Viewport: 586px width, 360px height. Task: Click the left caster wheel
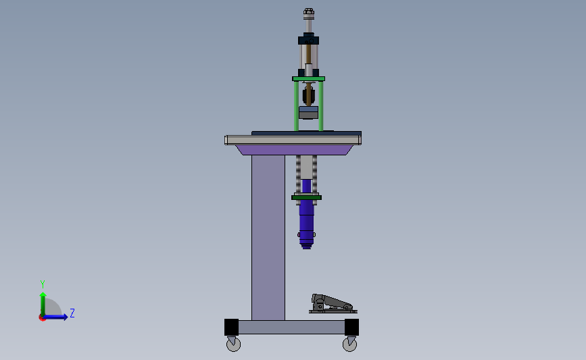(234, 344)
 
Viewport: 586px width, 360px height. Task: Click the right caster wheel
(349, 344)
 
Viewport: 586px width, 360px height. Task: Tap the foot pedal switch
(333, 304)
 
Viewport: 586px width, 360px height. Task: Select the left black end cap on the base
(231, 327)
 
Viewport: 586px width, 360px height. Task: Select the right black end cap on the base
(351, 327)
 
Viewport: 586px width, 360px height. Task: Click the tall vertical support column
(268, 238)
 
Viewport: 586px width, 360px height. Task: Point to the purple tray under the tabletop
(294, 150)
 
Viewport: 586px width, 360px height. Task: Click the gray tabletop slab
(293, 140)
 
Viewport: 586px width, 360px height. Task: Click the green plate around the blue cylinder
(306, 197)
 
